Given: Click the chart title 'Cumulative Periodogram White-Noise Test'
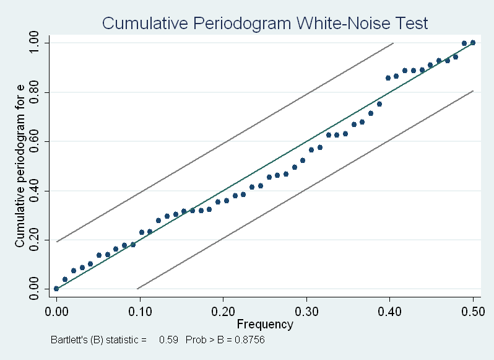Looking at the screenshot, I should click(x=265, y=24).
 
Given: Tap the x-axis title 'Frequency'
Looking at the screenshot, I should click(x=265, y=324).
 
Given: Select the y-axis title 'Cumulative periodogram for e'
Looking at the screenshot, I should click(x=20, y=166).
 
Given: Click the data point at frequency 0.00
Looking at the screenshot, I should click(x=56, y=289).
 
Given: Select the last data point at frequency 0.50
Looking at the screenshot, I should click(x=473, y=43).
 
